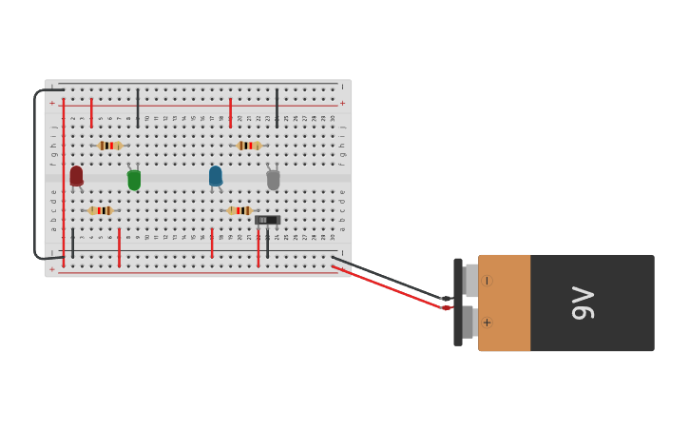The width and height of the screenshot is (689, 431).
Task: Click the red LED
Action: point(76,176)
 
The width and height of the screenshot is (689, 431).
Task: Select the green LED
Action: point(134,179)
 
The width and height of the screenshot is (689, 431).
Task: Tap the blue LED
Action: point(216,176)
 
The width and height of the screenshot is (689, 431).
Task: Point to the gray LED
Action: point(273,179)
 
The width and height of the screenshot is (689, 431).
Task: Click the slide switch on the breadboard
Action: point(267,220)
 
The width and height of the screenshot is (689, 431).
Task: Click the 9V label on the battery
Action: point(582,303)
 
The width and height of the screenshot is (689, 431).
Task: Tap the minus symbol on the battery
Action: point(487,281)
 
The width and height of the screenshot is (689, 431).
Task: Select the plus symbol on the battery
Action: point(487,323)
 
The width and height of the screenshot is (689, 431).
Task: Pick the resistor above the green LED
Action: point(109,146)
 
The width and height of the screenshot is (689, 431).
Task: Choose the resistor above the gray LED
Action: point(249,146)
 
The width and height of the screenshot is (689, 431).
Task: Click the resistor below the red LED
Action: point(100,210)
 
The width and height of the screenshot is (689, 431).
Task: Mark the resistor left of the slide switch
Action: point(239,210)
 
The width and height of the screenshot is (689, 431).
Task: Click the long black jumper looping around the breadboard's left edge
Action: point(35,171)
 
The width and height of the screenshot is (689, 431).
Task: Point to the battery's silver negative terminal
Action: point(471,281)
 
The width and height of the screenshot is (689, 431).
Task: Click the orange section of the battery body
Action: point(505,303)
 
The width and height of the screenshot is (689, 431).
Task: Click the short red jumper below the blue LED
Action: point(212,242)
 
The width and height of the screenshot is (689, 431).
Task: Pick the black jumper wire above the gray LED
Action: point(277,108)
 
